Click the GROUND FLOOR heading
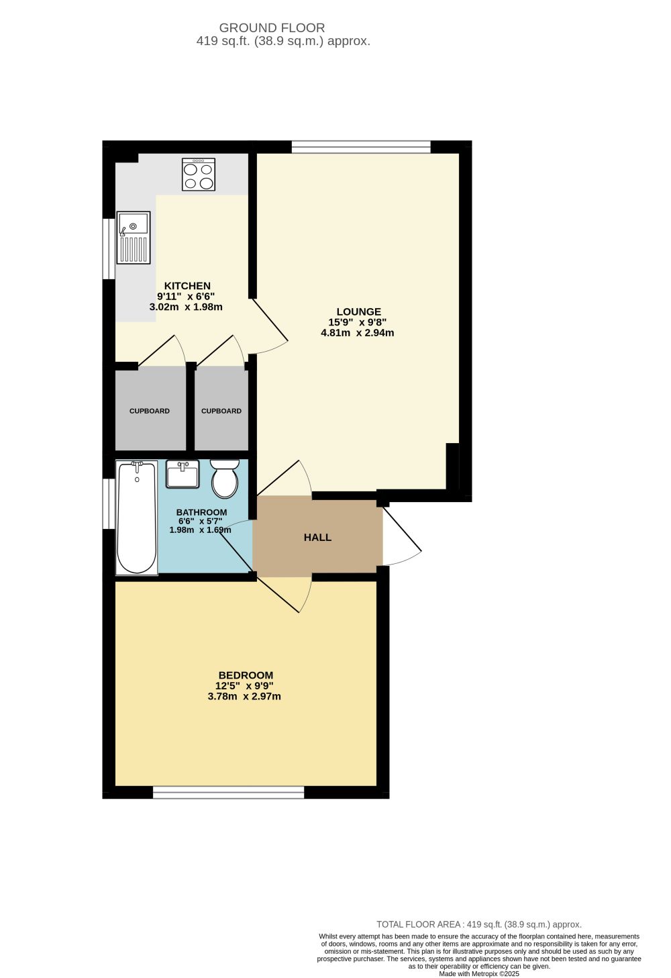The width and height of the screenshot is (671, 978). point(272,28)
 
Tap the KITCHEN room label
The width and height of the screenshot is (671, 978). point(187,286)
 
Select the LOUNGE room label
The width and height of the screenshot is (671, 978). point(359,311)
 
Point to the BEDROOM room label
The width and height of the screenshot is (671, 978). point(246,675)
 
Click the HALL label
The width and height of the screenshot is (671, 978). point(318,538)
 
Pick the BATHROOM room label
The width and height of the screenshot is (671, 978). point(202,513)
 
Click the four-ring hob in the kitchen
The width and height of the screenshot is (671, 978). point(199,175)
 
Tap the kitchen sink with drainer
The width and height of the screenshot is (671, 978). point(133,238)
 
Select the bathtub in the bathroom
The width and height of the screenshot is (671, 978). point(137,518)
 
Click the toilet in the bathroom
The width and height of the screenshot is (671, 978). point(225,479)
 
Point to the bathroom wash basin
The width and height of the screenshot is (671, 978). point(183,474)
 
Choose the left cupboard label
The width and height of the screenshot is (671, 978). point(150,411)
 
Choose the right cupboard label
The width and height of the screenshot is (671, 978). point(221,411)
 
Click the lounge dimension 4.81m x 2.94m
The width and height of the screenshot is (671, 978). point(358,333)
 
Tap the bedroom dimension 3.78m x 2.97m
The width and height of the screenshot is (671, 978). point(244,696)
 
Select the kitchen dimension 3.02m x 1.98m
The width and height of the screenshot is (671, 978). point(186,307)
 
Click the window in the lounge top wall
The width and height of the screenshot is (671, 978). point(361,147)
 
